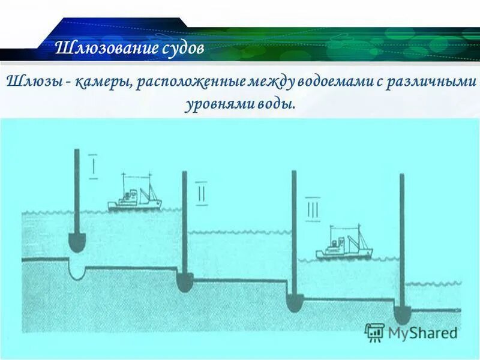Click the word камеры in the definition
click(x=102, y=82)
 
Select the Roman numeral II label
click(x=201, y=196)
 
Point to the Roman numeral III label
click(x=313, y=210)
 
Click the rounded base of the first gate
click(x=76, y=242)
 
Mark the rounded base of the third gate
click(x=293, y=302)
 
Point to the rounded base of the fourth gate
click(x=401, y=314)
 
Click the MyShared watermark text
click(x=422, y=332)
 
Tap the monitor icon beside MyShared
click(x=375, y=332)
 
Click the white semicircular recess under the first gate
click(x=77, y=271)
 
